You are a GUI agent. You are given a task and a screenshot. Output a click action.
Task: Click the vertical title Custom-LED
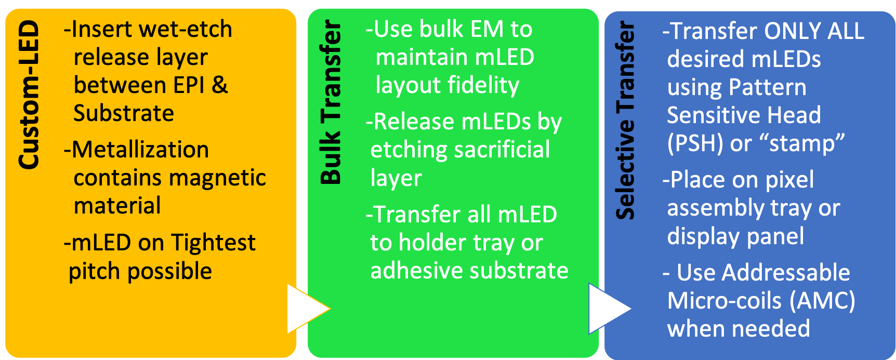pyautogui.click(x=29, y=95)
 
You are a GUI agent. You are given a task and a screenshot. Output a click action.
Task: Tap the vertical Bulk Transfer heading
pyautogui.click(x=331, y=102)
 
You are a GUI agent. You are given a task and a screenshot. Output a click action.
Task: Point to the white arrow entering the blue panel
pyautogui.click(x=610, y=309)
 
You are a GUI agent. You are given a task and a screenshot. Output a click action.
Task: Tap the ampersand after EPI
pyautogui.click(x=220, y=85)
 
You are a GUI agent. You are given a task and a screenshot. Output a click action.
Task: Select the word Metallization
pyautogui.click(x=140, y=150)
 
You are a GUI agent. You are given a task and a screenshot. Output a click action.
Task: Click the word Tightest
pyautogui.click(x=213, y=243)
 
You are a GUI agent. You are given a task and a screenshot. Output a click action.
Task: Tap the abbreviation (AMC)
pyautogui.click(x=822, y=301)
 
